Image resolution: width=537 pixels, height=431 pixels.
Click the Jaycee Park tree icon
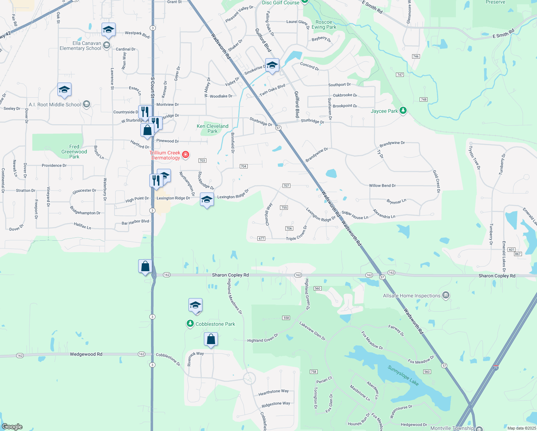[x=403, y=111]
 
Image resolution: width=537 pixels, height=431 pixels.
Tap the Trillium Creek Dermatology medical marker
[x=186, y=155]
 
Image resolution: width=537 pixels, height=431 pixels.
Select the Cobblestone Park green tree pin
[x=190, y=324]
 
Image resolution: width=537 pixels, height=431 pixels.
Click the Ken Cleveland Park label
[x=213, y=129]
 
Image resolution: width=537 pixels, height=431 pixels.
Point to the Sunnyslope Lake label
[x=403, y=375]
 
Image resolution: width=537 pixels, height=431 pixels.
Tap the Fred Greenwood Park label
[x=74, y=152]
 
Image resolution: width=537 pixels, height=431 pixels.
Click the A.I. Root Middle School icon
[x=86, y=105]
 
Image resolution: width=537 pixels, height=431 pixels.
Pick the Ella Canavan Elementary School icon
[x=106, y=45]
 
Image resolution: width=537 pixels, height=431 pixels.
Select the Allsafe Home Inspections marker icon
[x=446, y=296]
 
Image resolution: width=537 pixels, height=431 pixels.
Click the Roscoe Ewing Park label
[x=324, y=24]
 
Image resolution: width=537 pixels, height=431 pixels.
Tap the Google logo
[x=12, y=427]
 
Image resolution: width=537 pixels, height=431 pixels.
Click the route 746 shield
[x=416, y=56]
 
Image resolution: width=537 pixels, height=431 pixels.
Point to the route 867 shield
[x=518, y=254]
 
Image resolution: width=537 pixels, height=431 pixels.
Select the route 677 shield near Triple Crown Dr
[x=261, y=238]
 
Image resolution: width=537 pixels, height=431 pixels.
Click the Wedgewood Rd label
[x=86, y=354]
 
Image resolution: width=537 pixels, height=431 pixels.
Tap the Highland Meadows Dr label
[x=235, y=297]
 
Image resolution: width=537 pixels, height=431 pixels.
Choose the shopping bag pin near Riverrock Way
[x=211, y=339]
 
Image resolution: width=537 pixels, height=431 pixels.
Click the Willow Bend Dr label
[x=382, y=186]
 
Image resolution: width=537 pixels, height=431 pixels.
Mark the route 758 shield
[x=313, y=372]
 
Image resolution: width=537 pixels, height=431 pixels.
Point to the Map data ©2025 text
[x=522, y=428]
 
